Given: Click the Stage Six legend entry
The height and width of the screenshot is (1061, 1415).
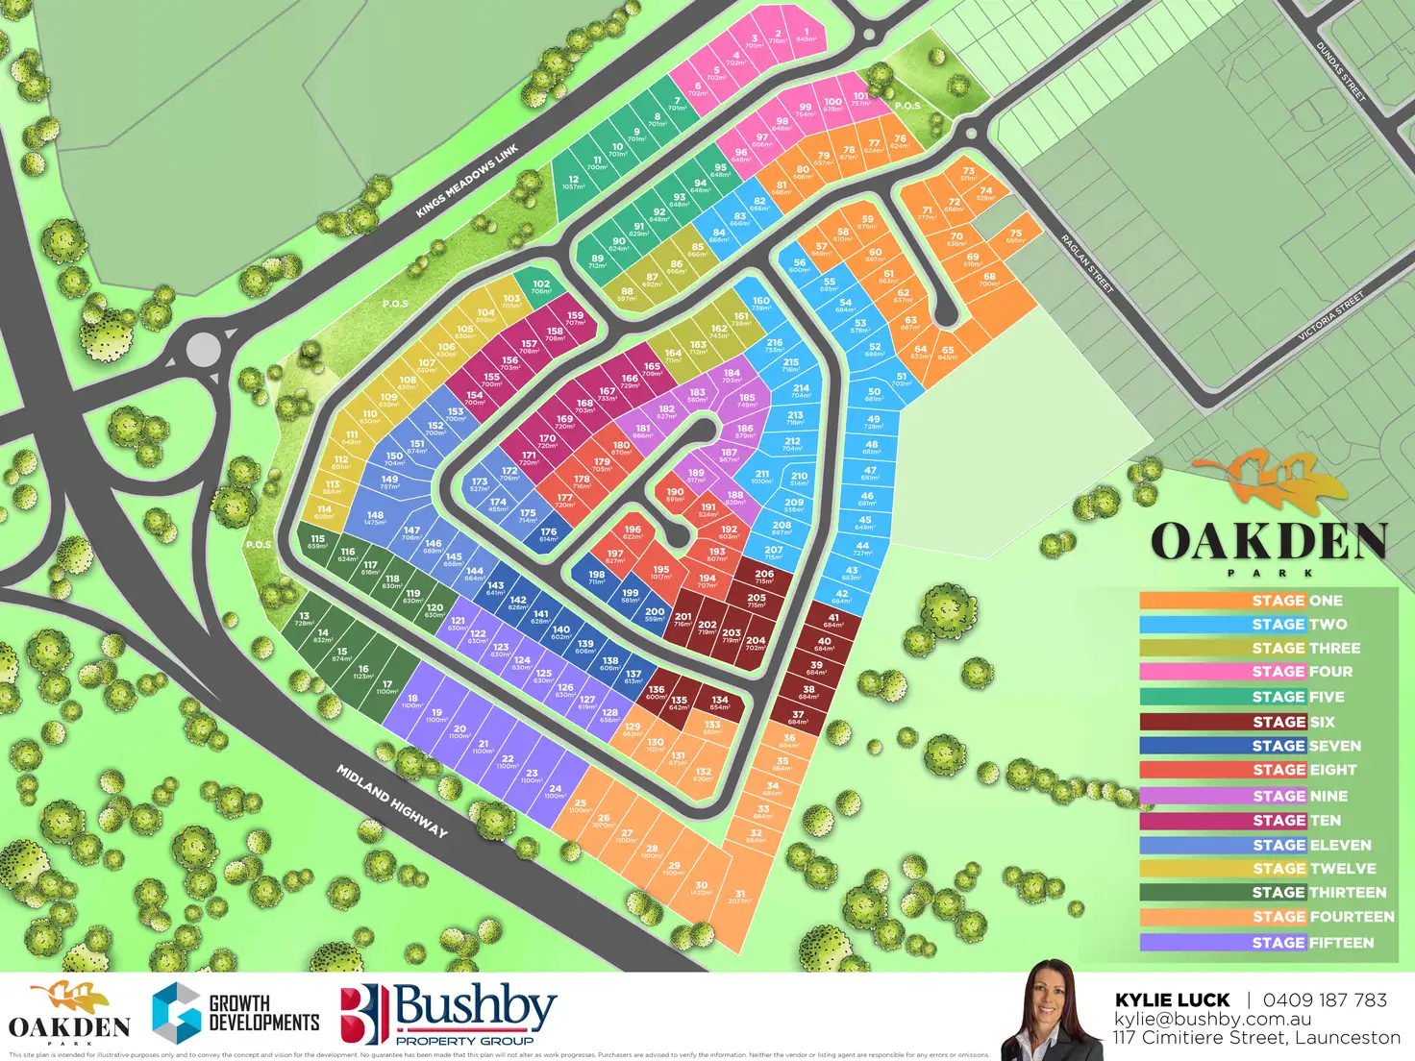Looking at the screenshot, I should click(x=1266, y=722).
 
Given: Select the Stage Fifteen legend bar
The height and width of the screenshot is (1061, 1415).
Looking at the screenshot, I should click(x=1266, y=943).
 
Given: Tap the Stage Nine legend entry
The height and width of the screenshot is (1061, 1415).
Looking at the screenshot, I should click(x=1266, y=796).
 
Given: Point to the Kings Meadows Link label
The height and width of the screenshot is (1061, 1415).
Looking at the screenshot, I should click(x=467, y=181).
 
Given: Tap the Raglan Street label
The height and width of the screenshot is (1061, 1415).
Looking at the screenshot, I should click(x=1087, y=263).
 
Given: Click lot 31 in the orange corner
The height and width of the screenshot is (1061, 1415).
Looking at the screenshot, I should click(x=739, y=897).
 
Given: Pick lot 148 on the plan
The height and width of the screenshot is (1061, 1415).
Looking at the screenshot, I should click(x=375, y=518).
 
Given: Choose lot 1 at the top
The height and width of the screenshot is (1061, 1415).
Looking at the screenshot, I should click(x=806, y=36).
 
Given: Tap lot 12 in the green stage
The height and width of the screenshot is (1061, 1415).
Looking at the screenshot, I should click(x=573, y=183).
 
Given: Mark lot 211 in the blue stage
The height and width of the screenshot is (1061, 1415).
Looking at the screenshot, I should click(x=762, y=477).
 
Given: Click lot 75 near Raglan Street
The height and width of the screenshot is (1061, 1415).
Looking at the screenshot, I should click(x=1015, y=235).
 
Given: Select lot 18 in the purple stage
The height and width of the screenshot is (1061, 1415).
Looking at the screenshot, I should click(x=412, y=702).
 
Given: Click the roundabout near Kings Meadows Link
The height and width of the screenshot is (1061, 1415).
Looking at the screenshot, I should click(x=203, y=348).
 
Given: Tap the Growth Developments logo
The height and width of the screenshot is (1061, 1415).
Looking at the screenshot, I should click(x=236, y=1014).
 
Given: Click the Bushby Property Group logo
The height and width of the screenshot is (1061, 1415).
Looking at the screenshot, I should click(x=449, y=1014).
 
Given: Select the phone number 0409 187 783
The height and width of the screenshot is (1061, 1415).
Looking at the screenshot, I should click(x=1325, y=1000).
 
